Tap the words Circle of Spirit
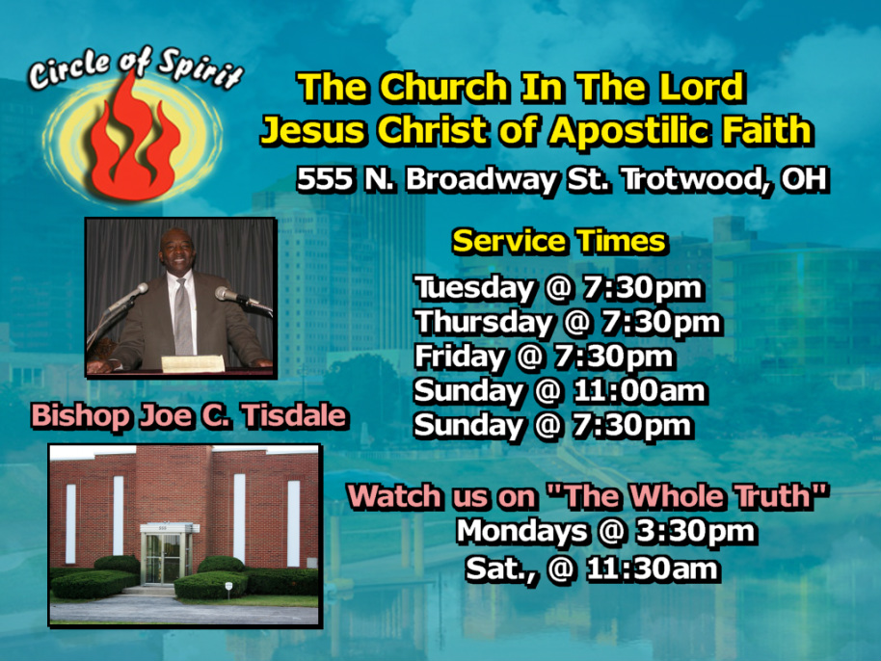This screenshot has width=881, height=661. tap(135, 68)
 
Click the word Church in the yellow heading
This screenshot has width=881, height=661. tap(444, 88)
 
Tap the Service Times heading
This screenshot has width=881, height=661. tap(559, 242)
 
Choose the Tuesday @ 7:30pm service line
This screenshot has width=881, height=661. tap(558, 288)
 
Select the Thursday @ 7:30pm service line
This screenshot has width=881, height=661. tap(568, 323)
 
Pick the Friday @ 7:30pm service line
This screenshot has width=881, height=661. tap(544, 357)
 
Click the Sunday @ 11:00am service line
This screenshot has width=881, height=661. tap(560, 391)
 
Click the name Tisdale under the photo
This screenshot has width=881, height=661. tap(294, 416)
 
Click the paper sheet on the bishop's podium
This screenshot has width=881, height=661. tap(193, 363)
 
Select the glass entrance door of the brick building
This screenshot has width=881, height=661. tap(163, 559)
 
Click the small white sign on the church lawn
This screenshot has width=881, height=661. tap(228, 587)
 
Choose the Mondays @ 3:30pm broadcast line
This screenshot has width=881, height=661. tap(605, 531)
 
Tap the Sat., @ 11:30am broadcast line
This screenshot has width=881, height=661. tap(592, 568)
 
